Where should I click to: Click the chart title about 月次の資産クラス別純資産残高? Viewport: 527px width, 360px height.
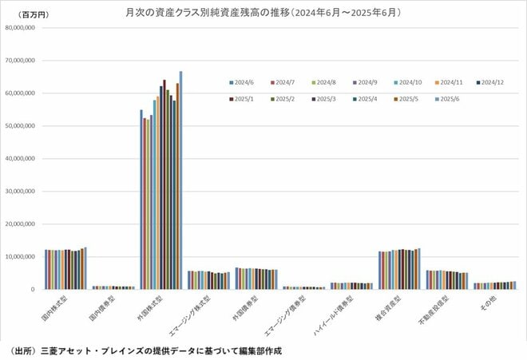coord(263,13)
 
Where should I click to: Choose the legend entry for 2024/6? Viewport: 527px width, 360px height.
coord(243,81)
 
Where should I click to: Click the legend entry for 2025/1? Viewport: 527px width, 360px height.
coord(243,99)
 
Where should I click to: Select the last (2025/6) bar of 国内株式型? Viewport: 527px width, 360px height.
coord(85,268)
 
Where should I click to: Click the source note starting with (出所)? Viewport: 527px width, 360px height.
coord(144,350)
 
